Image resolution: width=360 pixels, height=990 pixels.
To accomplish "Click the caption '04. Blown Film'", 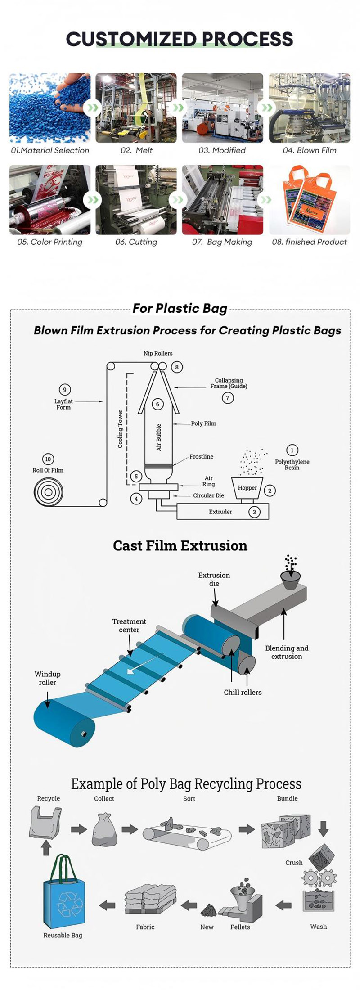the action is pyautogui.click(x=310, y=150).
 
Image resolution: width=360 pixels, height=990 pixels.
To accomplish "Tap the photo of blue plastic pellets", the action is pyautogui.click(x=50, y=108).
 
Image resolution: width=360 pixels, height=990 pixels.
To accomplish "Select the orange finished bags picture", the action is pyautogui.click(x=310, y=200).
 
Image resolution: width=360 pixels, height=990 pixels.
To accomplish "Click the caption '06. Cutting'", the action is pyautogui.click(x=136, y=242).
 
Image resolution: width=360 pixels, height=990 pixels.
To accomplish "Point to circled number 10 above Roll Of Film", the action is pyautogui.click(x=48, y=459).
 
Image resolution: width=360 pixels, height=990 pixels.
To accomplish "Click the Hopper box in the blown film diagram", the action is pyautogui.click(x=247, y=488).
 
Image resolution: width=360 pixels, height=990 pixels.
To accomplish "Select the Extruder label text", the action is pyautogui.click(x=220, y=512).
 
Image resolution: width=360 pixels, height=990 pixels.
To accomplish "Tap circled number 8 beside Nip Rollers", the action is pyautogui.click(x=177, y=367).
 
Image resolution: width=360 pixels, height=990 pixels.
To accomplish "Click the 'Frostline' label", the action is pyautogui.click(x=201, y=456).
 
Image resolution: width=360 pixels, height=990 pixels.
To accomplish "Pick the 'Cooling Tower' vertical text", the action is pyautogui.click(x=120, y=429).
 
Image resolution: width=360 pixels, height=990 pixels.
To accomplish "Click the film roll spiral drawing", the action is pyautogui.click(x=48, y=492).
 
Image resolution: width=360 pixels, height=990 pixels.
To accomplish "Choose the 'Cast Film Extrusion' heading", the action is pyautogui.click(x=180, y=545).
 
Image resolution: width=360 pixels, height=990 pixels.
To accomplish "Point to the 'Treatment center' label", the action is pyautogui.click(x=129, y=625).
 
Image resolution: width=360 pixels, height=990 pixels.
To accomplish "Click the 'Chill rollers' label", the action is pyautogui.click(x=243, y=692).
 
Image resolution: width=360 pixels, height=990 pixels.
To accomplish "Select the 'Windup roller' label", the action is pyautogui.click(x=47, y=678).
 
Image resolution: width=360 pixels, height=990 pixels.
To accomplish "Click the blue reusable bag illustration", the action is pyautogui.click(x=63, y=894).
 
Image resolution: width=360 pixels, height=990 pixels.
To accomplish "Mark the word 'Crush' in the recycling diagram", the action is pyautogui.click(x=294, y=863).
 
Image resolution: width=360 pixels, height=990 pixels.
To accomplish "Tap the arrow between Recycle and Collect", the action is pyautogui.click(x=79, y=829).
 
